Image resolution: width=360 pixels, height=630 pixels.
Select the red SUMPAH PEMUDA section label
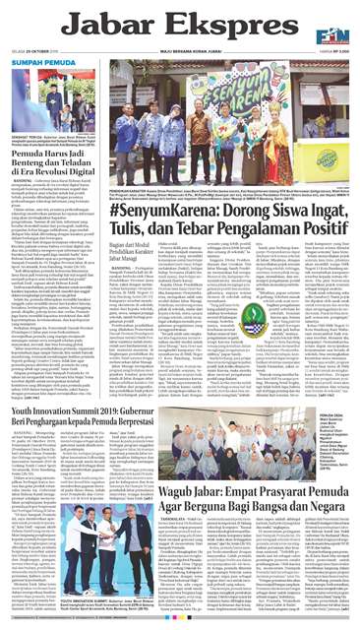(42, 61)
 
